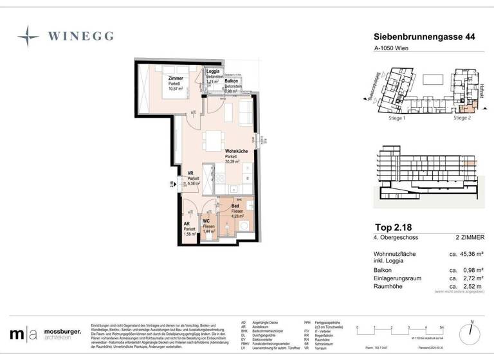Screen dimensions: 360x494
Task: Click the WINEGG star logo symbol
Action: [x=28, y=37]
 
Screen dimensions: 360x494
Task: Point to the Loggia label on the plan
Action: [x=213, y=71]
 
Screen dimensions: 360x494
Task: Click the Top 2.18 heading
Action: [x=394, y=227]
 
